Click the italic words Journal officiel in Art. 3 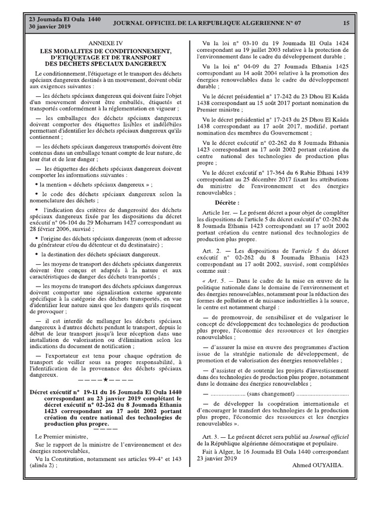(330, 437)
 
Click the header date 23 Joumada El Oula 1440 (65, 19)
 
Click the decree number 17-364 (277, 172)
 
